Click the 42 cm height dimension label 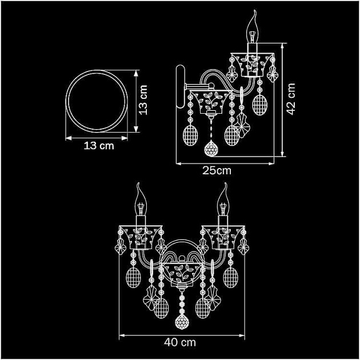click(291, 99)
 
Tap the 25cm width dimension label click(217, 171)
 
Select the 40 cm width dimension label click(180, 342)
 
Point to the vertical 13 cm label click(143, 100)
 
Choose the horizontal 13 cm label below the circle click(99, 146)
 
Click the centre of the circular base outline click(97, 101)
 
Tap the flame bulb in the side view click(253, 26)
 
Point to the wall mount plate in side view click(180, 86)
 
